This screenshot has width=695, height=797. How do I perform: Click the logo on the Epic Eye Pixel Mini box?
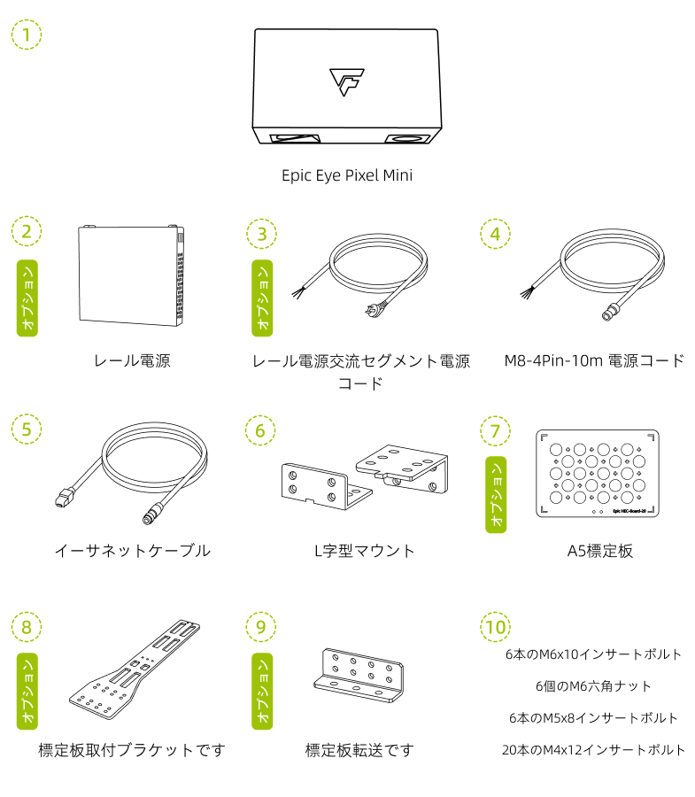click(347, 81)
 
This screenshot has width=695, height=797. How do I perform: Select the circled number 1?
click(27, 35)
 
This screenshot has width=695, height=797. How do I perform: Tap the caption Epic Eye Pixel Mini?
click(347, 175)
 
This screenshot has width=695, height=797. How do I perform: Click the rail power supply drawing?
click(131, 275)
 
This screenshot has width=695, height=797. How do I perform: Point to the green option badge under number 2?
click(27, 298)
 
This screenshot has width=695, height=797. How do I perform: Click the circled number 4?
click(495, 234)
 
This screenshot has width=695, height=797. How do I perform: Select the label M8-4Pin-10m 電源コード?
click(594, 361)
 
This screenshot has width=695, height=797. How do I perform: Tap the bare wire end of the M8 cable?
click(527, 292)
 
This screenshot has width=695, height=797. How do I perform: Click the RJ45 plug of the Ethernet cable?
click(63, 498)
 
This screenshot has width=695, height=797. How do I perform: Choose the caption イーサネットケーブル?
click(133, 551)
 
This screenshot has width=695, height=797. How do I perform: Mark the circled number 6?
click(260, 430)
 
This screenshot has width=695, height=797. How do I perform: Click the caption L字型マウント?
click(365, 551)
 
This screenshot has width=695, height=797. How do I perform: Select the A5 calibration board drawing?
click(598, 473)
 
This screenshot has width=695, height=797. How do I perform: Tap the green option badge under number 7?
click(496, 494)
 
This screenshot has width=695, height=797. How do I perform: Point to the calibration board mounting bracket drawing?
click(135, 669)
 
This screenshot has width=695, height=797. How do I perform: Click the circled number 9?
click(260, 627)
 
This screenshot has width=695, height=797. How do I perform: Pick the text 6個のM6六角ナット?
click(593, 686)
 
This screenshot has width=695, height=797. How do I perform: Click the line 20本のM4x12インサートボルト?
click(593, 750)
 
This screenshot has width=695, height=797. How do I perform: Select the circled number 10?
click(495, 627)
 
